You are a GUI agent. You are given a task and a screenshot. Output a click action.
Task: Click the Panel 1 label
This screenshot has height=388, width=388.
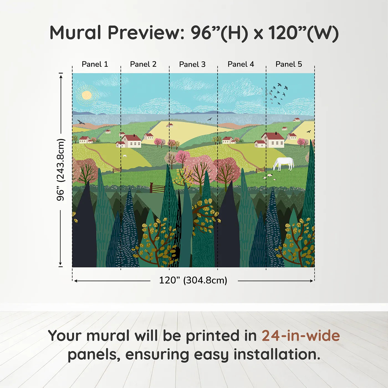[x=95, y=64]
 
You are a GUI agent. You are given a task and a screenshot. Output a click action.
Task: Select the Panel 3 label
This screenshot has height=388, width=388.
[x=192, y=64]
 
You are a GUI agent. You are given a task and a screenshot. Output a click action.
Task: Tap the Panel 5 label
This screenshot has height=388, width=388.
[x=289, y=64]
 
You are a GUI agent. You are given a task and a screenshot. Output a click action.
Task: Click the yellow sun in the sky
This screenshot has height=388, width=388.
[x=86, y=95]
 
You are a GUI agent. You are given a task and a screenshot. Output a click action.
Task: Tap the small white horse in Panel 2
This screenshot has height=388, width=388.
[x=125, y=156]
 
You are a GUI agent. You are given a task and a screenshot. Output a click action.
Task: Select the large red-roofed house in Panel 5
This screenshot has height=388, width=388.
[x=273, y=140]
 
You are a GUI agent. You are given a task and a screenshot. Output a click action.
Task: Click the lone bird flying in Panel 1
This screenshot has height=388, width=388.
[x=81, y=122]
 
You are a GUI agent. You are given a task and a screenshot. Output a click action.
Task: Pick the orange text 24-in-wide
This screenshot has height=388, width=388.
[x=301, y=336]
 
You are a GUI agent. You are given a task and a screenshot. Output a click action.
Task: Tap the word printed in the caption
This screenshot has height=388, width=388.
[x=213, y=336]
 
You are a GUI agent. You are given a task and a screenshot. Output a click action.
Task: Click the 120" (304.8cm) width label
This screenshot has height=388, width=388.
[x=193, y=280]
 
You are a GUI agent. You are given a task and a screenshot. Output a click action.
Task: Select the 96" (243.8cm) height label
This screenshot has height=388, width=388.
[x=60, y=170]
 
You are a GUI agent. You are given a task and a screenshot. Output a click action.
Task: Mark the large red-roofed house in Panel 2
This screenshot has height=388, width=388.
[x=131, y=141]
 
